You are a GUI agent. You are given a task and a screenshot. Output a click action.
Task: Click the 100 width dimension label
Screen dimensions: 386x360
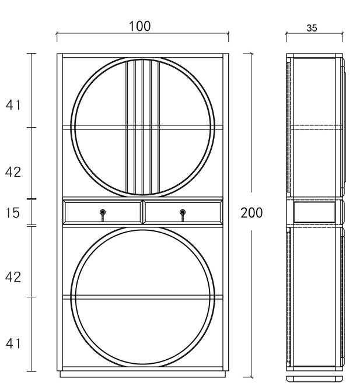[x=139, y=26]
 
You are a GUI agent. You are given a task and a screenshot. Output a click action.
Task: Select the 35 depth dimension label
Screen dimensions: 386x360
[x=312, y=28]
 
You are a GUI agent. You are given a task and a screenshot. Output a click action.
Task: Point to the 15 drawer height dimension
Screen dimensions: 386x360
[x=13, y=213]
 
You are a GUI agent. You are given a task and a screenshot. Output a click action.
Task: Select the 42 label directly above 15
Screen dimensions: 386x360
[x=13, y=173]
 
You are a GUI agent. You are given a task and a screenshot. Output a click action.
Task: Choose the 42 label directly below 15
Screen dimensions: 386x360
[x=13, y=278]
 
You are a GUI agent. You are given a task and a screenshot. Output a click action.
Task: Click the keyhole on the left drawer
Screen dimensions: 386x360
[x=103, y=212]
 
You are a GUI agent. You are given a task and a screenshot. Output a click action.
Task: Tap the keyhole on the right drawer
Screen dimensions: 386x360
[x=183, y=212]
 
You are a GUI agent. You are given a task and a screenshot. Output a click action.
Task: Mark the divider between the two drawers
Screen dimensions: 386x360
[x=142, y=212]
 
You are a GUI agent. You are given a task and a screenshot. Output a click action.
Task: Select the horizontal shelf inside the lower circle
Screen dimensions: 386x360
[x=143, y=297]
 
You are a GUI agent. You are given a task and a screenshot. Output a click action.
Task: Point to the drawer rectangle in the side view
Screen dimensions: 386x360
[x=314, y=212]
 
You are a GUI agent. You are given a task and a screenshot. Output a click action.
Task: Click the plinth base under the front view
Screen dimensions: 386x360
[x=142, y=374]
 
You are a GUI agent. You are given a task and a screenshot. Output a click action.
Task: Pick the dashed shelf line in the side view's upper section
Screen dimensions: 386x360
[x=315, y=127]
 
